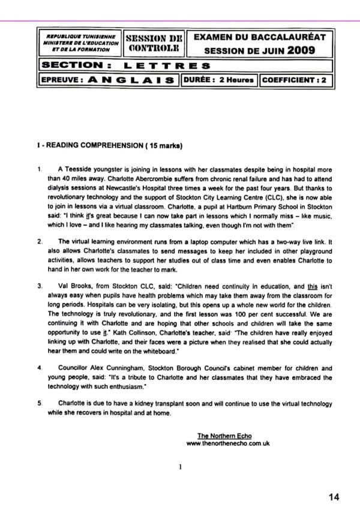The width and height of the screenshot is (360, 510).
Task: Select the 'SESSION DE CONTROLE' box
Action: point(152,43)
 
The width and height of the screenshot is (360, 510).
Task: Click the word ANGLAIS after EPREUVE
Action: point(127,79)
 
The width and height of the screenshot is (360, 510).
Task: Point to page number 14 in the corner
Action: point(335,496)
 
